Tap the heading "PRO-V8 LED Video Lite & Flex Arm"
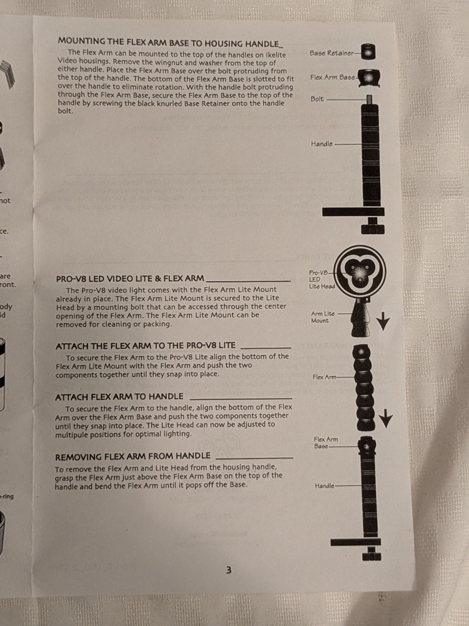pyautogui.click(x=129, y=279)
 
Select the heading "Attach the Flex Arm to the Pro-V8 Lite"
pyautogui.click(x=146, y=346)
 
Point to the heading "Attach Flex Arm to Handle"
pyautogui.click(x=119, y=397)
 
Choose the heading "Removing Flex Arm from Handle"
pyautogui.click(x=133, y=456)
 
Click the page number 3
pyautogui.click(x=228, y=570)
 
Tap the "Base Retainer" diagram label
pyautogui.click(x=332, y=53)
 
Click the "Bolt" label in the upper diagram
pyautogui.click(x=318, y=99)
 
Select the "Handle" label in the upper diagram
pyautogui.click(x=322, y=144)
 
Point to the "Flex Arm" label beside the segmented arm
pyautogui.click(x=325, y=377)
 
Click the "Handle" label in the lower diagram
pyautogui.click(x=325, y=486)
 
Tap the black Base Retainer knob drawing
pyautogui.click(x=368, y=52)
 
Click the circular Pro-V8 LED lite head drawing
pyautogui.click(x=360, y=272)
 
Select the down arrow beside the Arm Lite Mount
pyautogui.click(x=383, y=321)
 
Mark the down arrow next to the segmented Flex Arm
pyautogui.click(x=386, y=418)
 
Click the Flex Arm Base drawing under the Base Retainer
pyautogui.click(x=369, y=78)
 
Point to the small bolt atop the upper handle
pyautogui.click(x=370, y=99)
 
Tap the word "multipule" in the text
pyautogui.click(x=71, y=434)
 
